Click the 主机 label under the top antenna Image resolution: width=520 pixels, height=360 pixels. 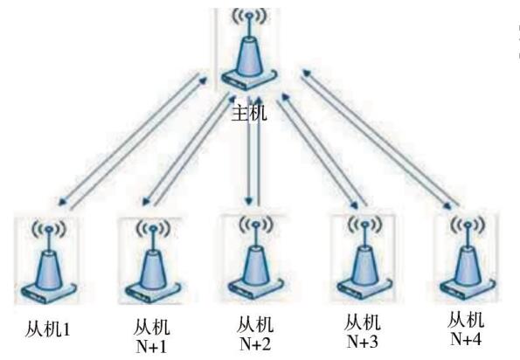click(x=249, y=113)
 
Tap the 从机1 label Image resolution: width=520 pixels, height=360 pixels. click(x=47, y=329)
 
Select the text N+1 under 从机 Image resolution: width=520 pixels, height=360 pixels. click(x=151, y=347)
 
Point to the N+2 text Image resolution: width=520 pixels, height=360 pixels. click(x=254, y=344)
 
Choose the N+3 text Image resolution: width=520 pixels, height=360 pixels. click(x=363, y=341)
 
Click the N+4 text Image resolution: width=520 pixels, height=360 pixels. click(x=466, y=339)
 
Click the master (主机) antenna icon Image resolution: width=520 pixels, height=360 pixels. click(x=248, y=49)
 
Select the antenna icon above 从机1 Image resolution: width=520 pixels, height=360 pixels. click(x=49, y=261)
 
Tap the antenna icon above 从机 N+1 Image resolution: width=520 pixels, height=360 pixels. click(x=153, y=261)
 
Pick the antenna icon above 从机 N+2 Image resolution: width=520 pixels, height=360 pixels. click(x=255, y=259)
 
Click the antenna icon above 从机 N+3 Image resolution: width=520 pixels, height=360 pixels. click(x=364, y=258)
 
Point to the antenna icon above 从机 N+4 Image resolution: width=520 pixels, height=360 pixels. click(x=467, y=258)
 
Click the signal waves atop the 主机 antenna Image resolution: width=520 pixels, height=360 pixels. click(x=249, y=16)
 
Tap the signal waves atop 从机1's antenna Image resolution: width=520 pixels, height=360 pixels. click(x=49, y=227)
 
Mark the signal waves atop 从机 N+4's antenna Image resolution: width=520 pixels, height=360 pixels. click(x=468, y=225)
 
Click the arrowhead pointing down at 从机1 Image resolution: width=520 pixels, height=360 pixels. click(x=63, y=201)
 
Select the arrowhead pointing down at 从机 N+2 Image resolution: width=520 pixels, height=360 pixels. click(x=249, y=200)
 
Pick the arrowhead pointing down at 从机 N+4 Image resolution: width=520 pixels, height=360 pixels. click(x=449, y=205)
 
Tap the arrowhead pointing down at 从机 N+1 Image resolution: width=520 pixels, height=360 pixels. click(x=147, y=201)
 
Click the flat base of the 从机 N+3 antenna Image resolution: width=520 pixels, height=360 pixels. click(x=364, y=289)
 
